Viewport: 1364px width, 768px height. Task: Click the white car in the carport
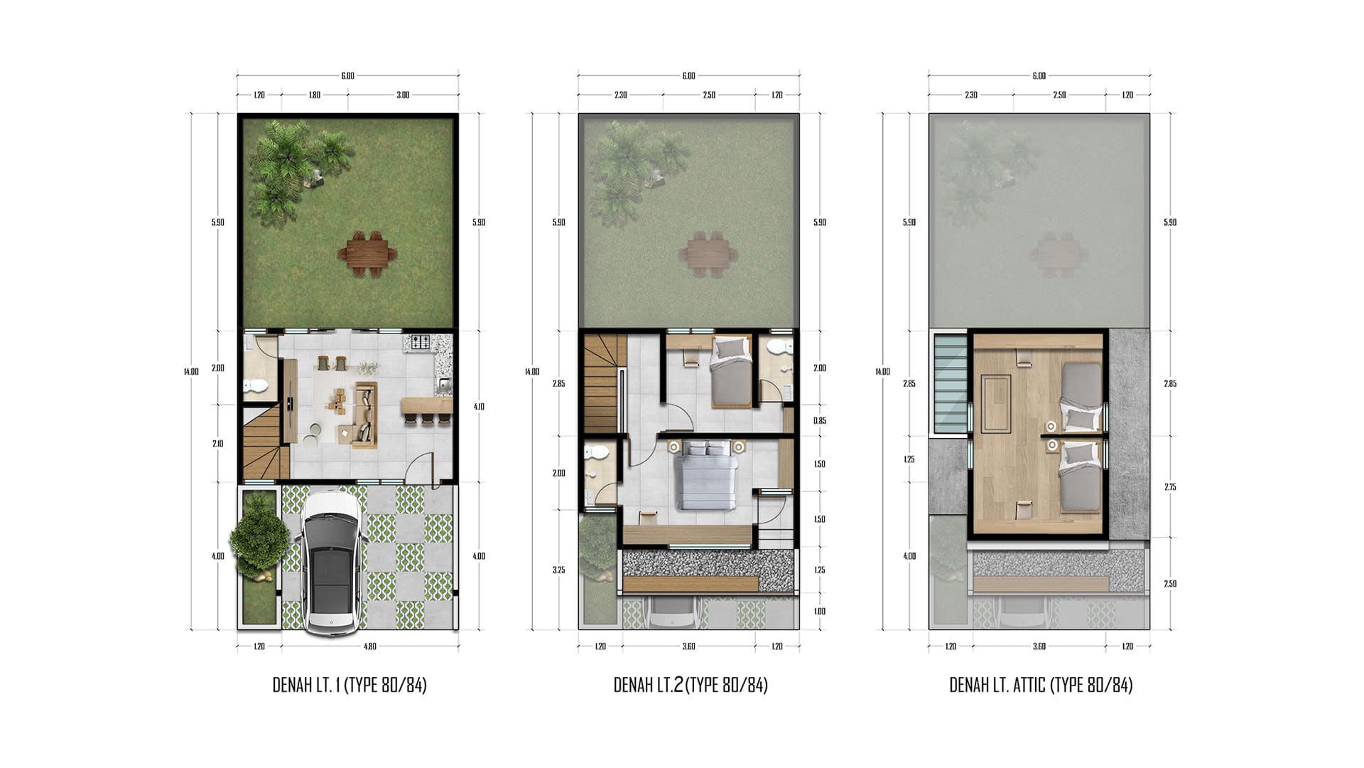click(x=330, y=562)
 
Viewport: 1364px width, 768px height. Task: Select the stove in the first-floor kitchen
click(x=421, y=342)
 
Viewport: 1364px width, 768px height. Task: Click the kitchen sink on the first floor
click(x=445, y=385)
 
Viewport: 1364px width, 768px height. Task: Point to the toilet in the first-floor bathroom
click(x=254, y=386)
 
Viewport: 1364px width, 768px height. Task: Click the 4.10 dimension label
click(x=479, y=407)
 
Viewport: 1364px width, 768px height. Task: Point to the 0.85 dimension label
click(x=819, y=421)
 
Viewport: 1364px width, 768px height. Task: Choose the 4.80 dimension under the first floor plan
click(x=369, y=646)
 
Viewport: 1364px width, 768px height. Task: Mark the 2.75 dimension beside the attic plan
click(x=1170, y=487)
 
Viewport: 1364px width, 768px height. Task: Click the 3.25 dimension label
click(x=558, y=570)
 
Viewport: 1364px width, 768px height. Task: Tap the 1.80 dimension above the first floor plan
click(x=314, y=95)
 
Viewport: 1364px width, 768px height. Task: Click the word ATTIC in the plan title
click(x=1027, y=685)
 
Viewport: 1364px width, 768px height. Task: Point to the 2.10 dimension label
click(x=217, y=444)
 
